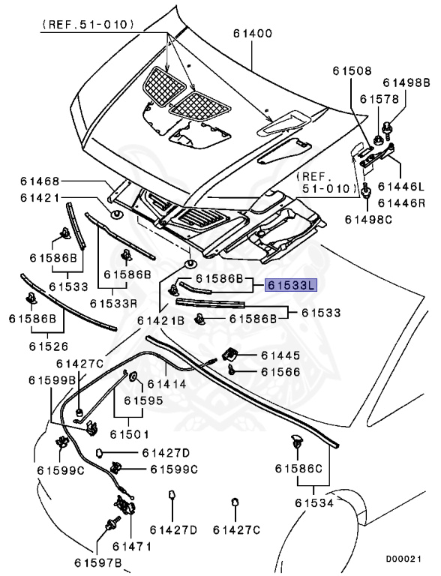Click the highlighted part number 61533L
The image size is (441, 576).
click(291, 286)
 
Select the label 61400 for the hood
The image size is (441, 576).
click(253, 34)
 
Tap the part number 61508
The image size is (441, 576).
click(352, 70)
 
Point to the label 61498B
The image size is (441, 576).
click(406, 82)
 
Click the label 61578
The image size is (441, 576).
click(379, 99)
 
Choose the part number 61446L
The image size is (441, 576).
click(401, 186)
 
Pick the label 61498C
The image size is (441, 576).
click(368, 219)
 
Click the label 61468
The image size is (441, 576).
click(40, 181)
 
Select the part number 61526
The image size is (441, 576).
click(49, 346)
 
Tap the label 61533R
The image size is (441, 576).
click(113, 304)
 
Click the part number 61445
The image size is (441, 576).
click(280, 355)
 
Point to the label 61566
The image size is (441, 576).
click(280, 372)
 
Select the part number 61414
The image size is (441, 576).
click(166, 384)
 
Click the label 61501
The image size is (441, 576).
click(129, 434)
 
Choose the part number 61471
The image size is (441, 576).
click(131, 547)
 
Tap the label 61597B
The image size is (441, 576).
click(97, 562)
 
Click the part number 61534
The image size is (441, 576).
click(314, 503)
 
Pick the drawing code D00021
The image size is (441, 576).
click(403, 559)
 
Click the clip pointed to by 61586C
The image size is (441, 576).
click(296, 440)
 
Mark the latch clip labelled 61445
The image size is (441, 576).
click(229, 354)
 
